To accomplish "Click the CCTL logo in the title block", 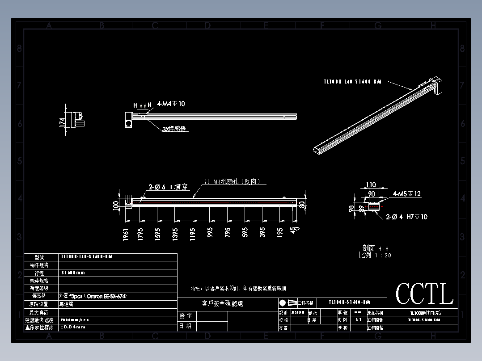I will point(424,295).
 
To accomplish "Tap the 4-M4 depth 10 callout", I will point(171,104).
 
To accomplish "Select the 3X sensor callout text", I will point(174,129).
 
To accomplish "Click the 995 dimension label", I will point(210,233).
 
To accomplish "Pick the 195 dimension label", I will point(280,233).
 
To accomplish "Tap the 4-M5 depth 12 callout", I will point(407,194).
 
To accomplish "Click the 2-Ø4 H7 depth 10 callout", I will point(406,217).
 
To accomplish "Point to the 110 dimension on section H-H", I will point(371,185).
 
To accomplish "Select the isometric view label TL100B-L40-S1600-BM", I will point(352,82).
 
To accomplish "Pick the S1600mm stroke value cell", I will point(73,273).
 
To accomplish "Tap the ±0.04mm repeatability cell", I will point(73,327).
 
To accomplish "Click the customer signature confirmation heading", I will point(223,303).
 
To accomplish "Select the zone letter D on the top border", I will point(207,26).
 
